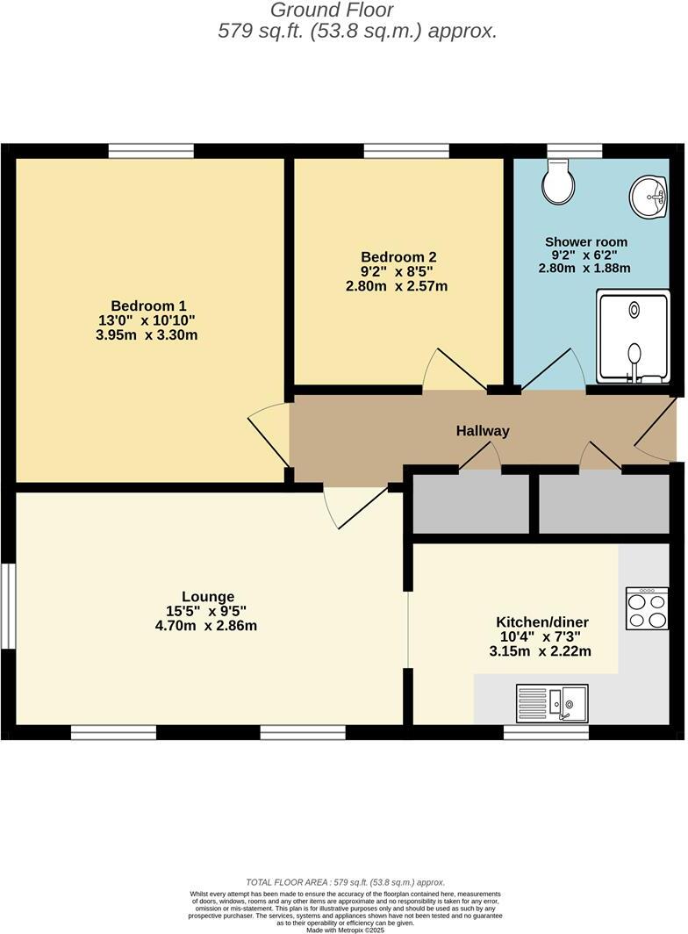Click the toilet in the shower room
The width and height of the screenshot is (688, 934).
pyautogui.click(x=558, y=182)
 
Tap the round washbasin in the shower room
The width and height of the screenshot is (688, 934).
pyautogui.click(x=649, y=196)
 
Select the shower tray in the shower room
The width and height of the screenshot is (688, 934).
pyautogui.click(x=633, y=338)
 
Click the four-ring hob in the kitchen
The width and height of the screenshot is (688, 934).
pyautogui.click(x=647, y=608)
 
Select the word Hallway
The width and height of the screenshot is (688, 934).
pyautogui.click(x=482, y=431)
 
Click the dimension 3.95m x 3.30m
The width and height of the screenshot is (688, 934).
pyautogui.click(x=147, y=334)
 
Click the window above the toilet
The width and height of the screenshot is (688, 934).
pyautogui.click(x=574, y=151)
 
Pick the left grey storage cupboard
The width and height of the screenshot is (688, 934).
pyautogui.click(x=471, y=505)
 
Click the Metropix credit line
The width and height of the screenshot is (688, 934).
pyautogui.click(x=345, y=930)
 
